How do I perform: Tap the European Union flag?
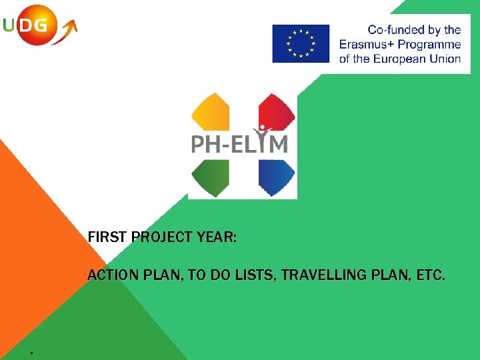[x=300, y=43]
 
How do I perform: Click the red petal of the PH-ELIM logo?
[x=276, y=111]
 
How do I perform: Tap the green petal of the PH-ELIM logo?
[x=209, y=177]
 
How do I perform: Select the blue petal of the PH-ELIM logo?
[x=276, y=177]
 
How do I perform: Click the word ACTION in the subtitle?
[x=113, y=275]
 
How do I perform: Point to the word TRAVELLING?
[x=322, y=275]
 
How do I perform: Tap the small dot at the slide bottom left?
[x=31, y=352]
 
